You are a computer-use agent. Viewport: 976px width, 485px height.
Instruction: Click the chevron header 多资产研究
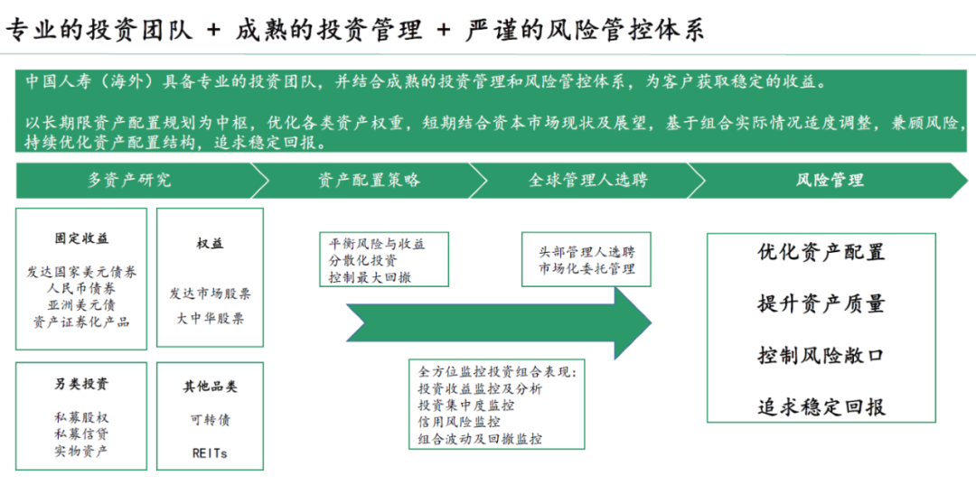(128, 180)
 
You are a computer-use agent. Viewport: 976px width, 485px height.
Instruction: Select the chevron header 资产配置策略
(369, 180)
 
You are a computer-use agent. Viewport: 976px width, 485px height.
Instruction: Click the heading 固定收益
(81, 239)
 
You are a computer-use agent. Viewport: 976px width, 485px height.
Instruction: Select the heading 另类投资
(81, 384)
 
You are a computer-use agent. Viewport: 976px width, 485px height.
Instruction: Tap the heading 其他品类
(210, 387)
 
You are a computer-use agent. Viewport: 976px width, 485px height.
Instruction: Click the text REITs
(210, 452)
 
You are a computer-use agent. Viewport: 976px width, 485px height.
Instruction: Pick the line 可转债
(210, 420)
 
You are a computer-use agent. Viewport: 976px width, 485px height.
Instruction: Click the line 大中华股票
(210, 318)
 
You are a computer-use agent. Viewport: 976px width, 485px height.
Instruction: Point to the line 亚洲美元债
(81, 305)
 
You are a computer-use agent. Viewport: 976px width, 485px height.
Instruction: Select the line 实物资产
(81, 450)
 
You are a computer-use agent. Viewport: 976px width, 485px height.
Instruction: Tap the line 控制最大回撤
(370, 277)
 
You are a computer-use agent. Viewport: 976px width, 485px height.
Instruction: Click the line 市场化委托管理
(587, 268)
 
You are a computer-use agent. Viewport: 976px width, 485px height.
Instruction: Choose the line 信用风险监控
(459, 422)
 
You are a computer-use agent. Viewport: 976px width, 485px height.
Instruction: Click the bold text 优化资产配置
(821, 252)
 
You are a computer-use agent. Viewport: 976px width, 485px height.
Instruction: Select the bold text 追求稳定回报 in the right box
(821, 406)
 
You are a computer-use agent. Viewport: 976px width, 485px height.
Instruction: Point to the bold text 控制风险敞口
(821, 355)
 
